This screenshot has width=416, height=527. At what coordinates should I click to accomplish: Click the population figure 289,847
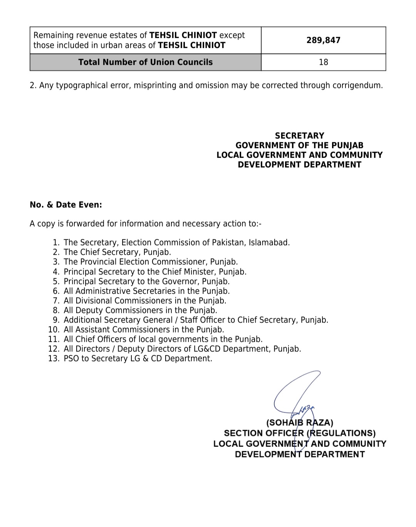[x=323, y=40]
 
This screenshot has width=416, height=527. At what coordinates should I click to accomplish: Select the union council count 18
[x=323, y=62]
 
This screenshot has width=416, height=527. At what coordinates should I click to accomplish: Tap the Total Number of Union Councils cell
[x=145, y=62]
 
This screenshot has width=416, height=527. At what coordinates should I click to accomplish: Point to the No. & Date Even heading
[x=66, y=205]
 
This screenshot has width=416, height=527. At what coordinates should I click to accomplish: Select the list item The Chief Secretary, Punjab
[x=117, y=252]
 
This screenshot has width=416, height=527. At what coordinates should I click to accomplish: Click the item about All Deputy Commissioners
[x=140, y=310]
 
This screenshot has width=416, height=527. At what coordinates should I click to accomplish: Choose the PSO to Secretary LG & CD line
[x=138, y=358]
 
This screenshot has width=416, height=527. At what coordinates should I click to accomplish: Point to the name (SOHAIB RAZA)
[x=300, y=423]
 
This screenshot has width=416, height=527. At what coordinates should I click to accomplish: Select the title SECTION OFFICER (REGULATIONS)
[x=300, y=433]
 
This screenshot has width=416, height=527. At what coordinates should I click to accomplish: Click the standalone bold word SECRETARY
[x=300, y=136]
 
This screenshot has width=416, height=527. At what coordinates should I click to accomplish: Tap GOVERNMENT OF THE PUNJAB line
[x=300, y=145]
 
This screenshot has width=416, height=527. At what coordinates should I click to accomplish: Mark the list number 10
[x=54, y=329]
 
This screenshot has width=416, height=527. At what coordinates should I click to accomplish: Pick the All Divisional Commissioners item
[x=145, y=300]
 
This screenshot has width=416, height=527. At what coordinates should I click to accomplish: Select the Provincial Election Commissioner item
[x=151, y=262]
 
